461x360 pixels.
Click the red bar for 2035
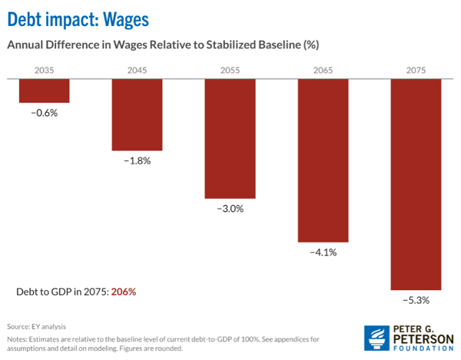pyautogui.click(x=45, y=91)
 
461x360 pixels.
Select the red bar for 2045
pyautogui.click(x=138, y=114)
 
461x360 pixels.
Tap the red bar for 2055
pyautogui.click(x=230, y=139)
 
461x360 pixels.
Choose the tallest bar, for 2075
pyautogui.click(x=416, y=185)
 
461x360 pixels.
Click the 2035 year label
pyautogui.click(x=45, y=71)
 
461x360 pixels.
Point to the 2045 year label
pyautogui.click(x=138, y=71)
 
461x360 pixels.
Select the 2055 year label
pyautogui.click(x=230, y=71)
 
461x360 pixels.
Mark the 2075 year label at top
pyautogui.click(x=416, y=71)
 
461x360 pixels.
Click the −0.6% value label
pyautogui.click(x=45, y=112)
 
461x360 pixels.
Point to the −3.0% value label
pyautogui.click(x=230, y=208)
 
